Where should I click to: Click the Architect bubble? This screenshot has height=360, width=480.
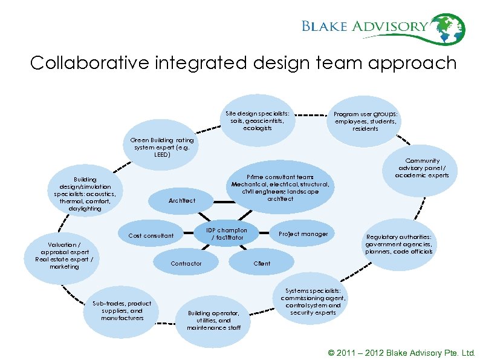tap(181, 200)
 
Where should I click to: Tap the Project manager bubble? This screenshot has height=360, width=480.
tap(303, 234)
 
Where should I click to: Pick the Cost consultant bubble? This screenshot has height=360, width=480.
tap(151, 235)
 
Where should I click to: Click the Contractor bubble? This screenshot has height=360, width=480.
tap(186, 263)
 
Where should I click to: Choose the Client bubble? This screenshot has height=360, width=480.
tap(262, 263)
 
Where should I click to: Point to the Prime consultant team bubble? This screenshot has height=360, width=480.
tap(280, 188)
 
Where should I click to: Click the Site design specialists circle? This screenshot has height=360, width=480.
tap(257, 120)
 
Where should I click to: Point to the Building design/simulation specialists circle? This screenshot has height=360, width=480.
tap(85, 194)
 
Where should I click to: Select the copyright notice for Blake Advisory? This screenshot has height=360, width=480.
tap(401, 353)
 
